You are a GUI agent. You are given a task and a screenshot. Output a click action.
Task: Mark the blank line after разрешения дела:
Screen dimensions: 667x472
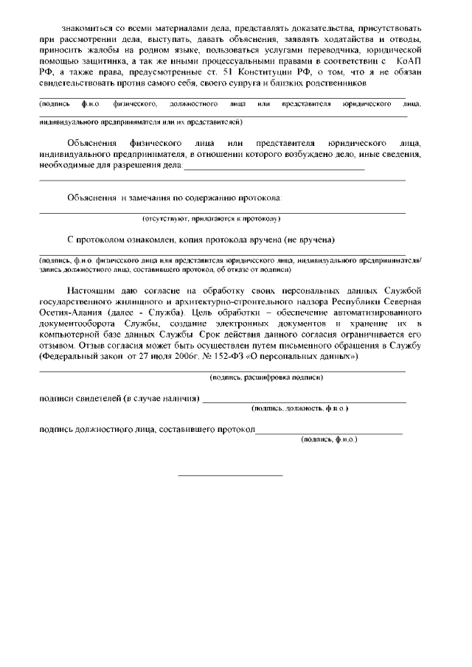pyautogui.click(x=274, y=169)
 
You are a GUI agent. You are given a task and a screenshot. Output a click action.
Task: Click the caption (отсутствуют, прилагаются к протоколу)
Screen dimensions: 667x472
pyautogui.click(x=212, y=219)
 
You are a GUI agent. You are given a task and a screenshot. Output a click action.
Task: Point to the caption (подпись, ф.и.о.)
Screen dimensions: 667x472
pyautogui.click(x=329, y=439)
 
